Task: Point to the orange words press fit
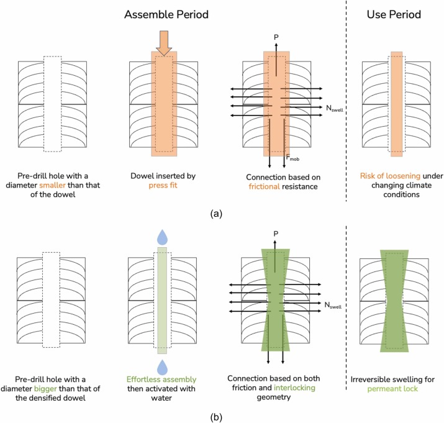point(163,185)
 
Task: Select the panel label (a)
point(222,213)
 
